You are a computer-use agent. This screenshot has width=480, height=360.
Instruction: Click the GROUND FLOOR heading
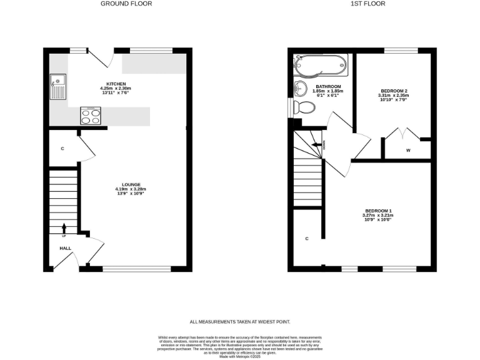126,4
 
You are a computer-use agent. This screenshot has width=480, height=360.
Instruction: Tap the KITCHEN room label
116,84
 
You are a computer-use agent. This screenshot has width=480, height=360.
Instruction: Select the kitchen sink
59,86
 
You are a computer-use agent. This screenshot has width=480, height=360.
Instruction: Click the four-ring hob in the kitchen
91,116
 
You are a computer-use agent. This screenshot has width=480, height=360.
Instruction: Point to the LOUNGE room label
131,184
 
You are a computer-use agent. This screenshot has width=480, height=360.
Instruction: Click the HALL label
65,248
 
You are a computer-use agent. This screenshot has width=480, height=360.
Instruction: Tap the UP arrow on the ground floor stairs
64,229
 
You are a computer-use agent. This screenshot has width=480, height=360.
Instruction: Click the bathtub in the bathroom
319,64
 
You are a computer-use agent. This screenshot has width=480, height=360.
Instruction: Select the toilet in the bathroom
304,107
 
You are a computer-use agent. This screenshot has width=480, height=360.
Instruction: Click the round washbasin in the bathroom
300,87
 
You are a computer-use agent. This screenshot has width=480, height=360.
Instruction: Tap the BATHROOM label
328,86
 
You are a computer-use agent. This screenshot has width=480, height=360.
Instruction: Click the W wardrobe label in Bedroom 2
407,150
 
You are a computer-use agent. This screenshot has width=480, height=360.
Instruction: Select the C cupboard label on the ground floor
63,149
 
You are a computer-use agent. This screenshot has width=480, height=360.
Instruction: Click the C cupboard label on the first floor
307,239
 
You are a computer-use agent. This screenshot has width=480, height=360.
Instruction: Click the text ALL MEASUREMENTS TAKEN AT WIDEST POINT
240,322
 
